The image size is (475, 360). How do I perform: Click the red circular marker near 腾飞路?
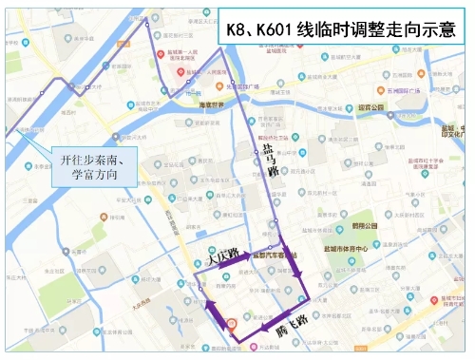231,324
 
